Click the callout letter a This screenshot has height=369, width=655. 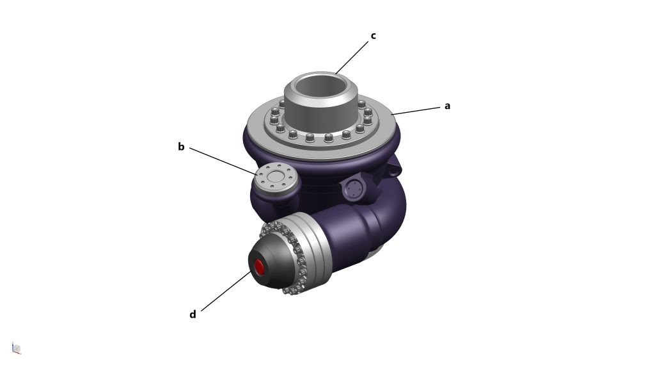[x=447, y=106]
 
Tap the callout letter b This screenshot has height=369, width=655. [x=181, y=147]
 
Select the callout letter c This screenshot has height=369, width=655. [x=373, y=36]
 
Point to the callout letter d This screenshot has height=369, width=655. [x=193, y=314]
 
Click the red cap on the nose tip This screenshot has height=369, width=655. [x=260, y=267]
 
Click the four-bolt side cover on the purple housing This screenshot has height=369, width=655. [x=354, y=190]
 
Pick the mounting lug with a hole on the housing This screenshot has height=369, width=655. [x=393, y=167]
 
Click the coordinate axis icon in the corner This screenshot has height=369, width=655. [x=16, y=348]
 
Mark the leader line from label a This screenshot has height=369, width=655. [x=416, y=111]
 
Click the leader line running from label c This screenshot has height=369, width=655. [x=352, y=57]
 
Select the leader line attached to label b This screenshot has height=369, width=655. [x=223, y=161]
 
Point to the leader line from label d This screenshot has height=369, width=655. [x=226, y=291]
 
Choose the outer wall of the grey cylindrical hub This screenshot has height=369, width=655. [x=321, y=110]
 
